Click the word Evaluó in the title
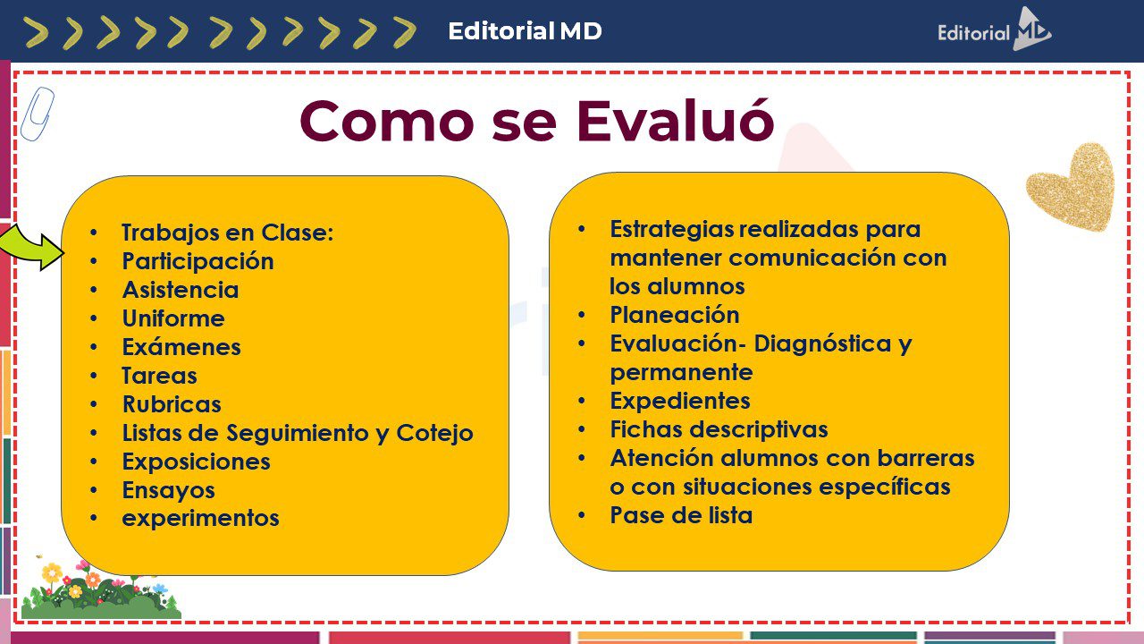point(675,121)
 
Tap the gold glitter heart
point(1072,187)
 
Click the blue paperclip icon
point(38,114)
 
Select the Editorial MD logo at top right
point(995,30)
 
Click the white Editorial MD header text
point(525,31)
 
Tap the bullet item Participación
point(198,262)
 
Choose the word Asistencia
point(181,290)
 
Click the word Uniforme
point(173,318)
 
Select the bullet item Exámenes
point(181,347)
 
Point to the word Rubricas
point(172,404)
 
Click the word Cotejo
point(434,434)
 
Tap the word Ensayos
point(169,491)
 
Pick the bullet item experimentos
point(200,518)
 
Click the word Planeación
point(675,315)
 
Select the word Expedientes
point(680,402)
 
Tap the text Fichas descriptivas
point(719,429)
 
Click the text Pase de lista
point(681,515)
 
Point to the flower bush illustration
point(101,589)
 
